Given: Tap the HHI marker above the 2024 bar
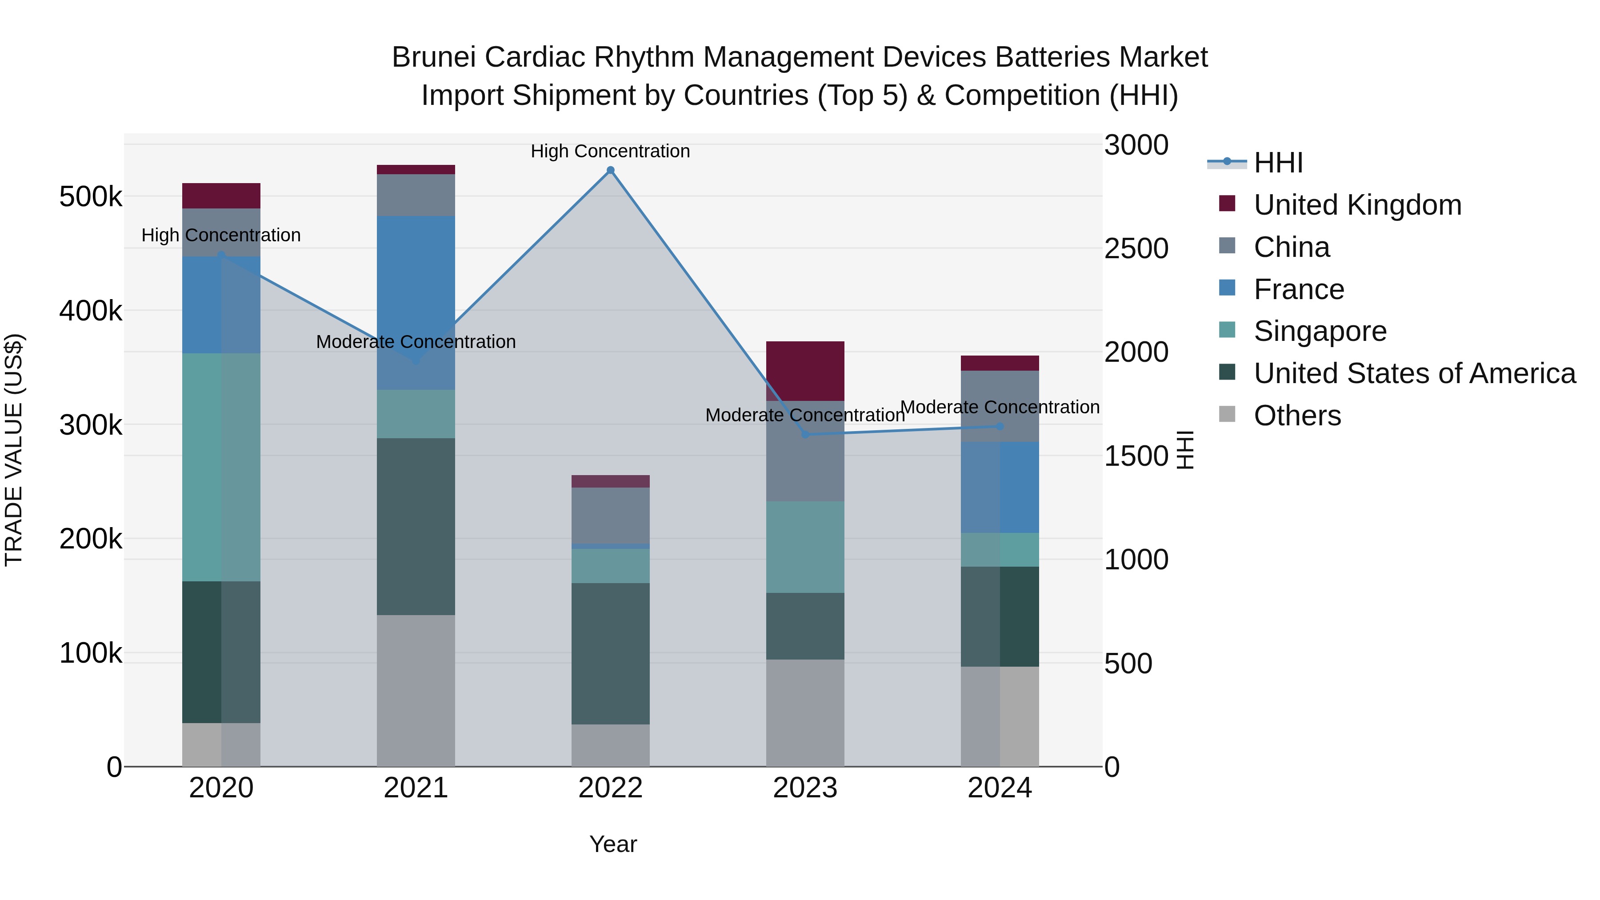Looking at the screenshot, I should click(x=1000, y=426).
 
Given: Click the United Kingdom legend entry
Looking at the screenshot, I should click(x=1357, y=205).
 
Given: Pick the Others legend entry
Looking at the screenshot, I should click(x=1297, y=416).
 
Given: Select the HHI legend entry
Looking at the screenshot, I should click(x=1278, y=163).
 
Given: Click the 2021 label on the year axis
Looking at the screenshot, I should click(x=416, y=788).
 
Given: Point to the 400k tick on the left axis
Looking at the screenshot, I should click(x=91, y=311).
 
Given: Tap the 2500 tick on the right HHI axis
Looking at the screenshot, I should click(x=1136, y=248).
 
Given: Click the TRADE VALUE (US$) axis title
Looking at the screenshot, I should click(x=14, y=450).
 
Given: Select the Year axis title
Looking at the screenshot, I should click(x=613, y=844).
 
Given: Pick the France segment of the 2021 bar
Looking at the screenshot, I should click(x=416, y=303).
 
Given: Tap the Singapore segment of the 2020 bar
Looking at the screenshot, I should click(x=221, y=467).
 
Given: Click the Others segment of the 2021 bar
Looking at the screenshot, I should click(x=416, y=691).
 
